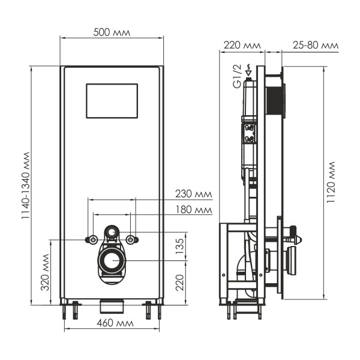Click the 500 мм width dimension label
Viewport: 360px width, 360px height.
112,32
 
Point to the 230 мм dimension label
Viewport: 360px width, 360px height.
194,193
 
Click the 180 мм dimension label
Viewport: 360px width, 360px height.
194,209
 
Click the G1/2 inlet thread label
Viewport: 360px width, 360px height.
237,79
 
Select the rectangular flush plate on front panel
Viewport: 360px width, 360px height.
112,100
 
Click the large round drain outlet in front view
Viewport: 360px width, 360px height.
112,261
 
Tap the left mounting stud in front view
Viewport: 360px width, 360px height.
94,240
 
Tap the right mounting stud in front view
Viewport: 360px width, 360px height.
132,240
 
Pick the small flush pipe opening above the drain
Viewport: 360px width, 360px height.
112,230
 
